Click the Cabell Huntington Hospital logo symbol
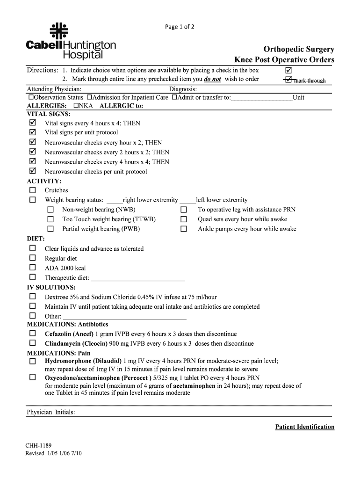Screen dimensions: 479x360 (x=59, y=30)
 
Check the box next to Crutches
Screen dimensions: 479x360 (x=32, y=190)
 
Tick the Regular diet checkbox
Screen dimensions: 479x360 (x=32, y=258)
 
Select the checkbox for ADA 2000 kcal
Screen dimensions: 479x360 (x=32, y=268)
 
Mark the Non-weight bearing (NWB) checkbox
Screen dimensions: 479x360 (x=50, y=210)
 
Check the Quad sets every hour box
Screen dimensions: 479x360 (x=184, y=219)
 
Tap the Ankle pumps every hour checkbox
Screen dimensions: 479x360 (x=184, y=229)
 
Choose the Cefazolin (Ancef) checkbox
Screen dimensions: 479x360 (x=32, y=334)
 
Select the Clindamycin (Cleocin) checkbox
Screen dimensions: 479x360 (x=32, y=343)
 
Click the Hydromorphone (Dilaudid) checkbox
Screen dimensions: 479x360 (x=32, y=362)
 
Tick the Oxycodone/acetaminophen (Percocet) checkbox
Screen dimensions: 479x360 (x=32, y=377)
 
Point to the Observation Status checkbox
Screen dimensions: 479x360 (x=31, y=97)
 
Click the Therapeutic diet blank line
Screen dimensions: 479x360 (x=138, y=278)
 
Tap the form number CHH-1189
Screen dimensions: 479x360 (x=39, y=446)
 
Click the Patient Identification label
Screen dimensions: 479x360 (x=304, y=427)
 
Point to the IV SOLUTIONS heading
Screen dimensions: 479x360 (x=51, y=287)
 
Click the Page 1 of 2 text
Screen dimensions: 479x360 (x=180, y=27)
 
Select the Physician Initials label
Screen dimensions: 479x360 (x=51, y=412)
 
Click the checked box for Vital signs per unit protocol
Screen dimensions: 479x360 (x=32, y=132)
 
